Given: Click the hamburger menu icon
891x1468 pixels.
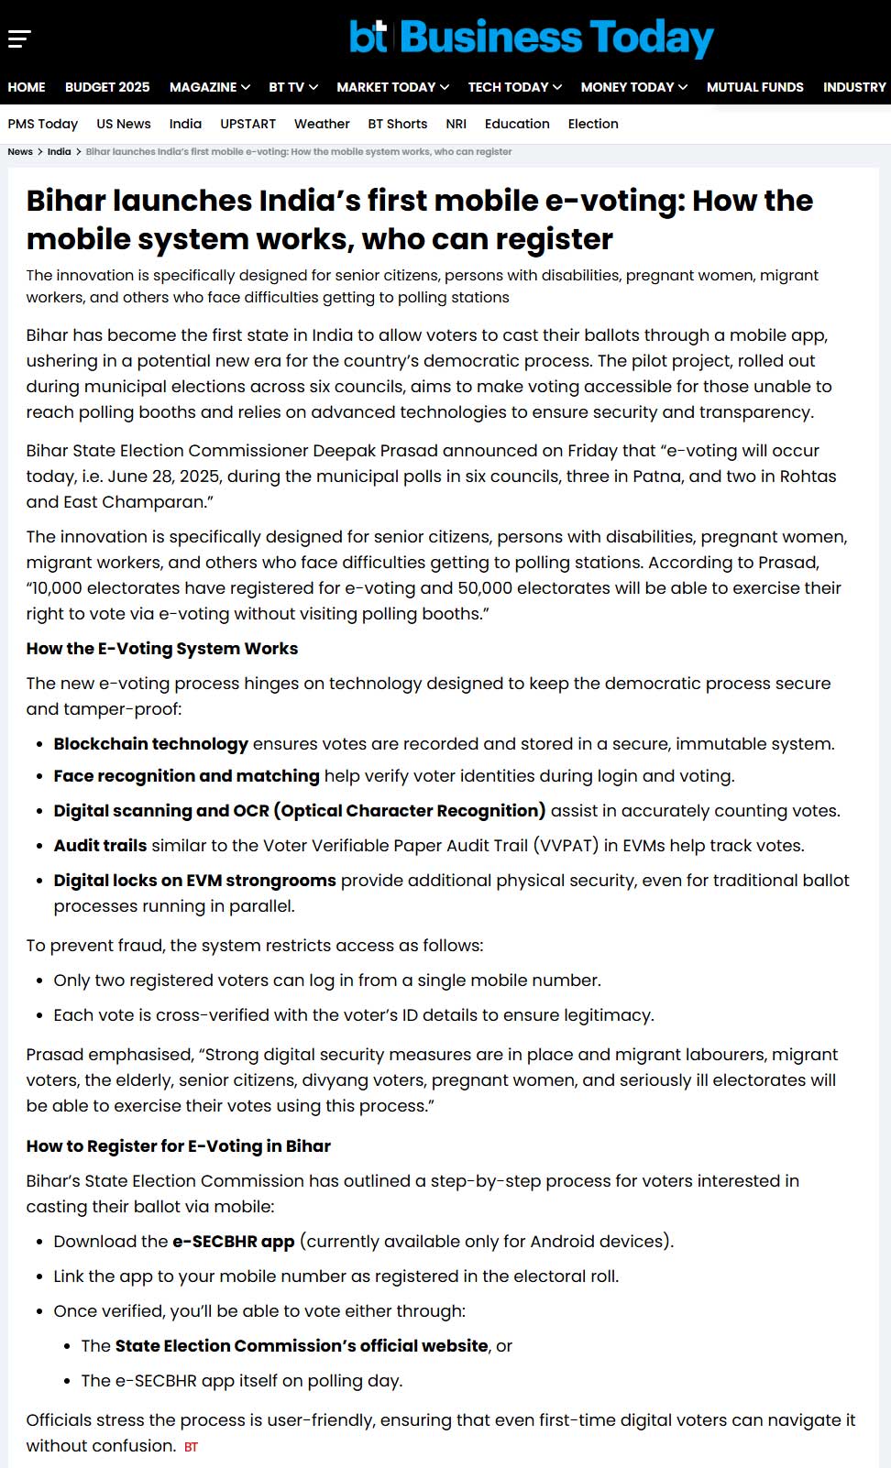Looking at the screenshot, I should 19,38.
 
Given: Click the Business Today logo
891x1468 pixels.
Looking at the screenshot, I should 531,38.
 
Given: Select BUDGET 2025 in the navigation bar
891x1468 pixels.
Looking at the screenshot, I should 107,87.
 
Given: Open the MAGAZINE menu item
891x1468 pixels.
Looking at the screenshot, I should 209,87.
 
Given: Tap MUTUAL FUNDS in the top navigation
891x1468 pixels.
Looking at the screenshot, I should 754,87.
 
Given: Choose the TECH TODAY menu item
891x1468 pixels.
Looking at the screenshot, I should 514,87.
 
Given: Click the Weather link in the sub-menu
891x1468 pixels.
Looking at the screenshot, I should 322,124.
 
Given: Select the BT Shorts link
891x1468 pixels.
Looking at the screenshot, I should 397,124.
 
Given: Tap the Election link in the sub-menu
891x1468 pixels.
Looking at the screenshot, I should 593,124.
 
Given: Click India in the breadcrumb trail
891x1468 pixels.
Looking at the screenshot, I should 59,152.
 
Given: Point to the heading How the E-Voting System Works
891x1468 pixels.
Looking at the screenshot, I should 162,649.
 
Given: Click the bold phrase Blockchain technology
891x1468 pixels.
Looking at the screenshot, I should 150,744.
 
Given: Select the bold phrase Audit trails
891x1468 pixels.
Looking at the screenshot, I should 100,846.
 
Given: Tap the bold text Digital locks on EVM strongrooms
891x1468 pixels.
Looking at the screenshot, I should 194,881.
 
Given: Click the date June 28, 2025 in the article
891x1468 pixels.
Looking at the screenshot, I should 162,477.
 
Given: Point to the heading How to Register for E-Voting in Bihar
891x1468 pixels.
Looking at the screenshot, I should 178,1146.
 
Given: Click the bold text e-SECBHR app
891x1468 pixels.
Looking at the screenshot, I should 233,1242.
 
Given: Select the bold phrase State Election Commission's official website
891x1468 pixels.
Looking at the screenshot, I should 302,1346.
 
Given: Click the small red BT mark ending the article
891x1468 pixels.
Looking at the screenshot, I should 191,1447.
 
